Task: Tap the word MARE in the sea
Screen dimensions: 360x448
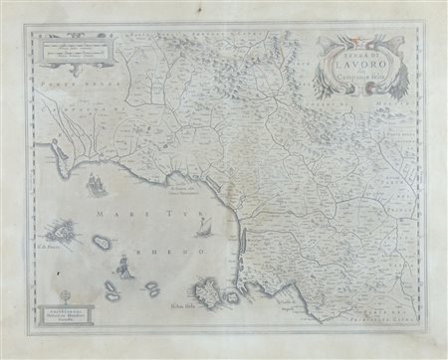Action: [x=126, y=211]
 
